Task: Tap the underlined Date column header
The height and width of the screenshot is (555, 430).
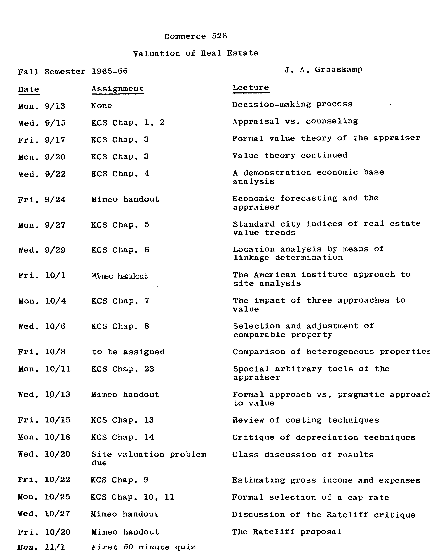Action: click(29, 89)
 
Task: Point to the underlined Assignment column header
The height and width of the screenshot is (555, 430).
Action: click(118, 89)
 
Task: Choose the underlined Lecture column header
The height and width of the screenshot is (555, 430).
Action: click(251, 88)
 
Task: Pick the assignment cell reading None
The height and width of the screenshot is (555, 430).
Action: click(101, 106)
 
